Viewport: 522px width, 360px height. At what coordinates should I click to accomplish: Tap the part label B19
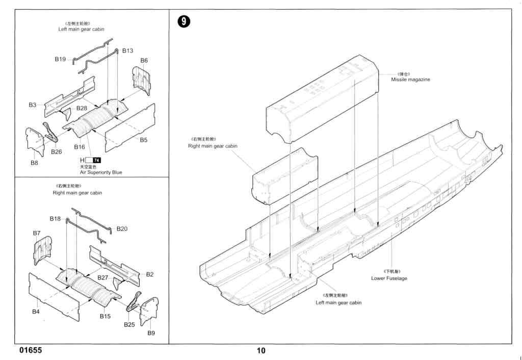tap(60, 59)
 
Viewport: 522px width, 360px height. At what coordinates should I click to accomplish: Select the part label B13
tap(127, 50)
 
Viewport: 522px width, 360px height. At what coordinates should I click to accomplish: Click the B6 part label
tap(144, 60)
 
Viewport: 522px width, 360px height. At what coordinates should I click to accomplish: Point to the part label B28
tap(82, 108)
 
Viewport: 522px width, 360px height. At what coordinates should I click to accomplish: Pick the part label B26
tap(56, 151)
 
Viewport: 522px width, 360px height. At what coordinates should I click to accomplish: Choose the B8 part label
tap(34, 163)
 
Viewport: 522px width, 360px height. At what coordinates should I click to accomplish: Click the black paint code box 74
tap(97, 161)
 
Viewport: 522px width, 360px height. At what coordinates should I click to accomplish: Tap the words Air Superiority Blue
tap(101, 172)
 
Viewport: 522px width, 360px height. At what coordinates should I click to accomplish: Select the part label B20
tap(122, 229)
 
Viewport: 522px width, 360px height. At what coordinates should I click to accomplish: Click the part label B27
tap(103, 277)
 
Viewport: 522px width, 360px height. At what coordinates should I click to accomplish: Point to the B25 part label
tap(129, 324)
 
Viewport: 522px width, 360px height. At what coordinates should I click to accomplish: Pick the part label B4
tap(36, 312)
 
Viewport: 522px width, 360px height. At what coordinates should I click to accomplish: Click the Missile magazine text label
tap(410, 80)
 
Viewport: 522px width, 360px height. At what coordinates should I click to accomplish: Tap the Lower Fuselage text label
tap(389, 278)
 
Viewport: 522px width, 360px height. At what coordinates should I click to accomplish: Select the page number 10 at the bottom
tap(261, 351)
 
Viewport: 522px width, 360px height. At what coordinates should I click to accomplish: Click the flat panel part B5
tap(130, 127)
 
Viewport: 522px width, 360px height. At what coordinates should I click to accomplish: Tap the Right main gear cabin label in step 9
tap(213, 146)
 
